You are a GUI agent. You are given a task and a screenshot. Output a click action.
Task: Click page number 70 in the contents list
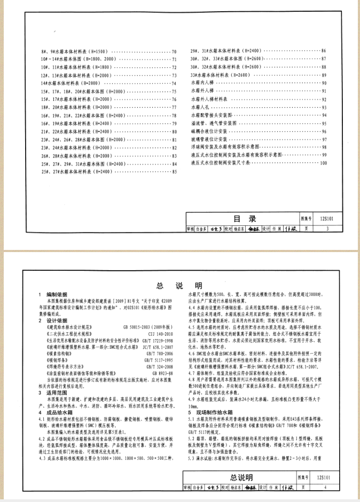point(174,51)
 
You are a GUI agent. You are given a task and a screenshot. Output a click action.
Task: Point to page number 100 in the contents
point(323,162)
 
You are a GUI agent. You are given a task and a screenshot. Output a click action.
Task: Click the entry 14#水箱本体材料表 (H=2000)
point(70,83)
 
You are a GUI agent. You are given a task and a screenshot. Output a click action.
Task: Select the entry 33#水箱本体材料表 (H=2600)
point(219,75)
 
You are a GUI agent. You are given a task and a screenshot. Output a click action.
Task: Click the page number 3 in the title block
point(327,228)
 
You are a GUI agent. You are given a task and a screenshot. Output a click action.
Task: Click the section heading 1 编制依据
point(52,295)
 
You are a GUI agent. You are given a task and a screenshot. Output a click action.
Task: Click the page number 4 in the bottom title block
point(327,487)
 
